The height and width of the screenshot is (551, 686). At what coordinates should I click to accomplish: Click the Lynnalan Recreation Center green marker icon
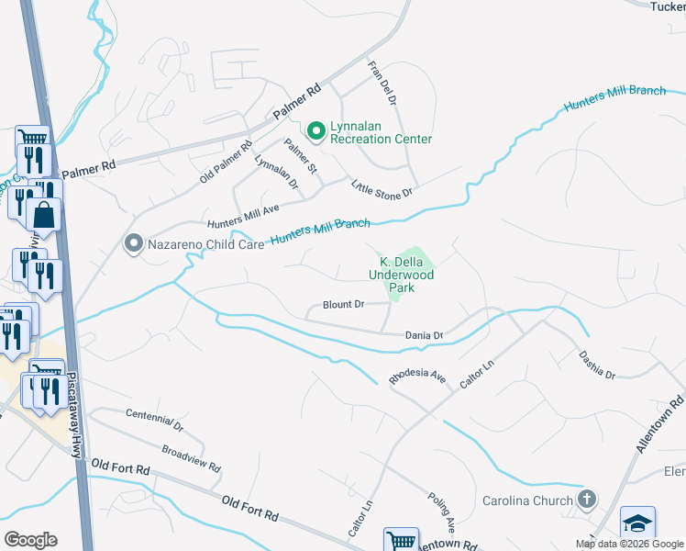(316, 131)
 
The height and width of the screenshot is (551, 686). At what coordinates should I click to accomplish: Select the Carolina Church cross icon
(586, 500)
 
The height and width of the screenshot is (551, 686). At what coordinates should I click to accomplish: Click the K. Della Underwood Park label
(400, 274)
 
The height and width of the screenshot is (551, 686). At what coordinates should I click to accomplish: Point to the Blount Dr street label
(344, 304)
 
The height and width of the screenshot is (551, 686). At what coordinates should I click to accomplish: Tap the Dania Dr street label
(424, 336)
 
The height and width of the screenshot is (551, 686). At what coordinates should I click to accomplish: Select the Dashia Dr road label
(597, 365)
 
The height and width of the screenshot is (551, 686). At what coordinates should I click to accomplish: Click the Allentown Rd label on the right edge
(659, 423)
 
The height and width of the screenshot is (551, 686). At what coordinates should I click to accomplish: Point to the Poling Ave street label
(442, 512)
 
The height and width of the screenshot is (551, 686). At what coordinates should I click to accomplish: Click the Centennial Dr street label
(154, 422)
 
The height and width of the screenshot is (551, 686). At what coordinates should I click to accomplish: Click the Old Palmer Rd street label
(226, 162)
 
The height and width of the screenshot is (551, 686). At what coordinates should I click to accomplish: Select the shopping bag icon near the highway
(43, 217)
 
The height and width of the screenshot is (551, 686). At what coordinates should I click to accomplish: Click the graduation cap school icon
(637, 523)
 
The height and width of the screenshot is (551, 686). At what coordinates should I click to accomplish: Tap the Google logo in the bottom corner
(30, 539)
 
